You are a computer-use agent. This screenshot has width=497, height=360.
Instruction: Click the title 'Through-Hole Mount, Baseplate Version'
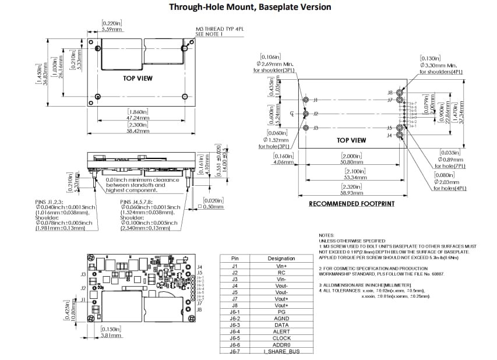[x=249, y=7]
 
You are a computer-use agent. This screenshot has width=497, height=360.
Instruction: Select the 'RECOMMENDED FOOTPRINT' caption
[x=351, y=204]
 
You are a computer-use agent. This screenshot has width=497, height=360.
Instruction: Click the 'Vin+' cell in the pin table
[x=281, y=265]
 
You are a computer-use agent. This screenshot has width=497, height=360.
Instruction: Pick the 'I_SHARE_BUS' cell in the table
[x=281, y=351]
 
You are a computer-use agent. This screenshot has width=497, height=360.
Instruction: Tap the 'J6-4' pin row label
[x=235, y=331]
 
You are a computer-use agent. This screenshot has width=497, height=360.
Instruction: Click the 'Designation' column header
[x=281, y=258]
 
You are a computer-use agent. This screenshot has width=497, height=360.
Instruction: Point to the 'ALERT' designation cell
[x=281, y=331]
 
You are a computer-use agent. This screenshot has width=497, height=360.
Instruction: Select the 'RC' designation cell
[x=281, y=272]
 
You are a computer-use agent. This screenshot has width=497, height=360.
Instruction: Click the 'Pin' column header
[x=235, y=258]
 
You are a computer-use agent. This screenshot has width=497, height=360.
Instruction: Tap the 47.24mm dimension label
[x=138, y=117]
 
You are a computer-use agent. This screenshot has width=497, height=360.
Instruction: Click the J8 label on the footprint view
[x=390, y=93]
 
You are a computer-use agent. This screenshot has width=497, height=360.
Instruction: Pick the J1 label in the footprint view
[x=315, y=100]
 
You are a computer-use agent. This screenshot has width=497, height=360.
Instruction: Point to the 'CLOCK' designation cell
[x=281, y=338]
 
